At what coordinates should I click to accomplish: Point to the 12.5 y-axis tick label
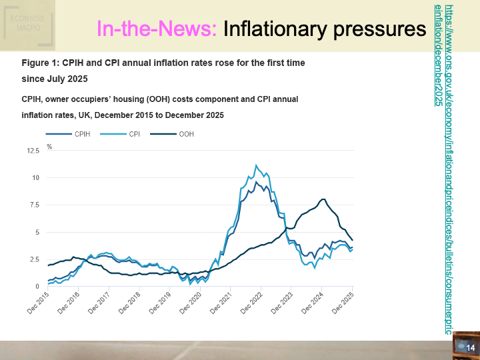tap(33, 151)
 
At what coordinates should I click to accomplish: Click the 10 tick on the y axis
tap(36, 178)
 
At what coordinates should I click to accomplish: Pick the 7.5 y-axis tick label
tap(35, 205)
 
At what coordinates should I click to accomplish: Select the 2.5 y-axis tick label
tap(35, 259)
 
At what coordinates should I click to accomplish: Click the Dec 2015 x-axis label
tap(39, 303)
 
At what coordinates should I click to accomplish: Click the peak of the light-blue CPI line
tap(257, 165)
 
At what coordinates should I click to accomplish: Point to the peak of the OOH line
tap(323, 199)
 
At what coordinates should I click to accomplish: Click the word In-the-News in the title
tap(157, 29)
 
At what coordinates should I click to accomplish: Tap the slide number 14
tap(469, 348)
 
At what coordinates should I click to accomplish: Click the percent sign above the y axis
tap(49, 146)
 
